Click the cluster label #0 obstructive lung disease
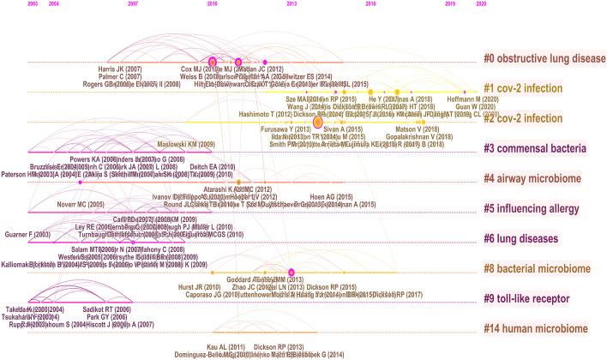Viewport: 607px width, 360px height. coord(544,59)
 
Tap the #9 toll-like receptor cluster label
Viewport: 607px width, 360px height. coord(532,297)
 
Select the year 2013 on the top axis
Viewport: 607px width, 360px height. coord(292,4)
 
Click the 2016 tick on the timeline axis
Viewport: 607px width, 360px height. coord(370,4)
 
